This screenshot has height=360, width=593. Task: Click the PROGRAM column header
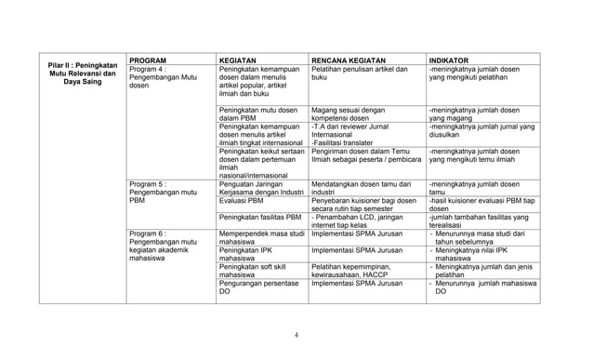(148, 59)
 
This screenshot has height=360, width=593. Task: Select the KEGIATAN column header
(238, 59)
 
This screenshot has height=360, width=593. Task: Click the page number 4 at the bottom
(296, 336)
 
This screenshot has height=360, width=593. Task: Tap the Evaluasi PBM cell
(241, 200)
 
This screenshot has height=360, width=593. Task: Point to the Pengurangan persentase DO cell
(260, 287)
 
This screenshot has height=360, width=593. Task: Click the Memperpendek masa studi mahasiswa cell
(262, 238)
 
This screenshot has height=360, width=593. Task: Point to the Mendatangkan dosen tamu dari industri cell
(362, 189)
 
